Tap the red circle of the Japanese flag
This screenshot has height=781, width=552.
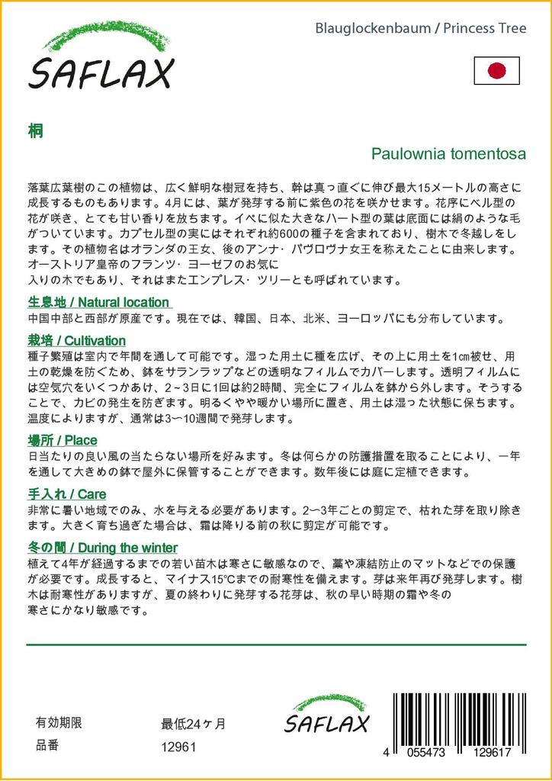[x=496, y=71]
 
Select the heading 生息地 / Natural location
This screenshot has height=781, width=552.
[x=98, y=302]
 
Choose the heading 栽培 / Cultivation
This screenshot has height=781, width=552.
[x=76, y=340]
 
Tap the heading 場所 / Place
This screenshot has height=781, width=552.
[x=62, y=441]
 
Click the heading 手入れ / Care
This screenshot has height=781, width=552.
[x=66, y=494]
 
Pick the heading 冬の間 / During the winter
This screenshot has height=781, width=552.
[x=102, y=548]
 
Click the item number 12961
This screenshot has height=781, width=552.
[x=179, y=747]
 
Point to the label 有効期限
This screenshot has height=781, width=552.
[x=59, y=723]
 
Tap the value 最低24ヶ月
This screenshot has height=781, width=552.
[x=193, y=724]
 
